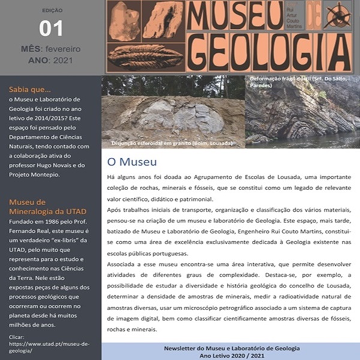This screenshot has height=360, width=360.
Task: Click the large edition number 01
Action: [50, 28]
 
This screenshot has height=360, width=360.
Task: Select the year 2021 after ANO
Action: [67, 61]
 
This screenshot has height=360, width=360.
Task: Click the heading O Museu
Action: [131, 162]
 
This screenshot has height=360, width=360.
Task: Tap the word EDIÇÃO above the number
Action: [50, 11]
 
